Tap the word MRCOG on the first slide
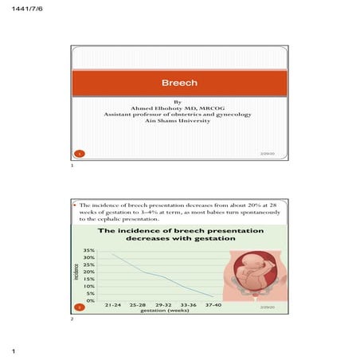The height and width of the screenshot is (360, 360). [209, 108]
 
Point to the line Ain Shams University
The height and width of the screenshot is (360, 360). [178, 121]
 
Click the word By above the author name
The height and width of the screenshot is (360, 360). [178, 102]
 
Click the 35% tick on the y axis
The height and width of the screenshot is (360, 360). [89, 250]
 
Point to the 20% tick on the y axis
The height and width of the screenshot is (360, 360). [89, 272]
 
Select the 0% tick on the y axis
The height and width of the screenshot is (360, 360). [91, 299]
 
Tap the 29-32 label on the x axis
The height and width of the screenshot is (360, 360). [163, 305]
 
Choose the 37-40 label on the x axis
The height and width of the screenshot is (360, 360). [213, 305]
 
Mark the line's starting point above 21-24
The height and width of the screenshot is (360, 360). [112, 254]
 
